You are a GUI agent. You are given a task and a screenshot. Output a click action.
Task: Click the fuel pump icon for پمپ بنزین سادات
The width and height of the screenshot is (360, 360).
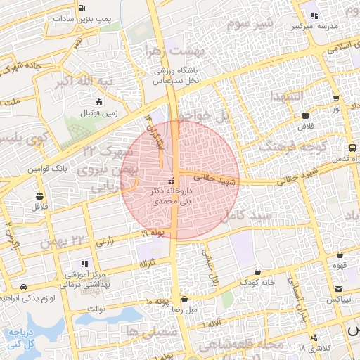[83, 8]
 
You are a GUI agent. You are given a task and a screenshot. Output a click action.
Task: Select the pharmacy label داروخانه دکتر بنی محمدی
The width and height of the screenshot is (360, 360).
[171, 195]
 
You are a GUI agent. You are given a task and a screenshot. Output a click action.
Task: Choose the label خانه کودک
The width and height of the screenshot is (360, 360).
[257, 282]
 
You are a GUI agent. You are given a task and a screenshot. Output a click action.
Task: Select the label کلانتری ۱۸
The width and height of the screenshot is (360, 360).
[312, 348]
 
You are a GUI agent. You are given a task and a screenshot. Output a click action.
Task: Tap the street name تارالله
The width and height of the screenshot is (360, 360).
[146, 264]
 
